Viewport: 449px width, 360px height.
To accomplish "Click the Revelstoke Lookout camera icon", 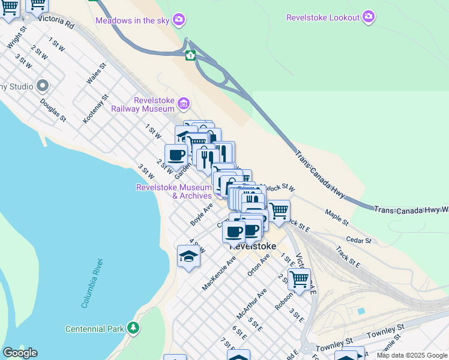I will pos(369,17).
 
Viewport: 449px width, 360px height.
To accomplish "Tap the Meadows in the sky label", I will pos(133,21).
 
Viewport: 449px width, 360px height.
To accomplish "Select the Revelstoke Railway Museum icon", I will pos(184,104).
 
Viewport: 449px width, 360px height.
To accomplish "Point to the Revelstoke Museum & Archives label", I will pos(175,191).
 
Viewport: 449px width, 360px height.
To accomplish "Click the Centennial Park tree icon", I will pos(133,328).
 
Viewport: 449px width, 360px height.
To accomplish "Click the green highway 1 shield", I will pos(190,56).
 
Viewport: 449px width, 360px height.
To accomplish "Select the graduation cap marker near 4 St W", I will pos(188,257).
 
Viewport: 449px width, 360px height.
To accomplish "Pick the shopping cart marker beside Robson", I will pos(298,279).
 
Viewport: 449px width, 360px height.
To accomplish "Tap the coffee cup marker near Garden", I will pos(176,155).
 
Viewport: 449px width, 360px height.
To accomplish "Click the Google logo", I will pos(20,353).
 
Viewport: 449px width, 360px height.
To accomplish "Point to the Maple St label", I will pos(337,217).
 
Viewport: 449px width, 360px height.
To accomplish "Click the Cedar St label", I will pos(359,241).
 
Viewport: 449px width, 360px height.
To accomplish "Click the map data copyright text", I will pos(411,355).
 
